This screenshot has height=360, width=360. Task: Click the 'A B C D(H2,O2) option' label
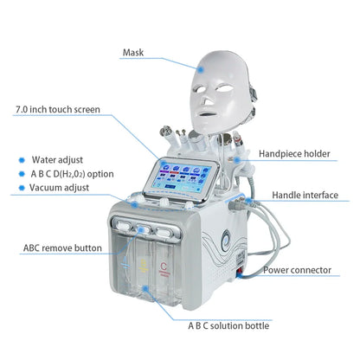pos(72,174)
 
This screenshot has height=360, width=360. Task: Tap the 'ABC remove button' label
pos(63,248)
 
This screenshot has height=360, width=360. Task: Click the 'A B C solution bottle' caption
pos(228,325)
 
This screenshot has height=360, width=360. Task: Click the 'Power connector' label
pos(297,270)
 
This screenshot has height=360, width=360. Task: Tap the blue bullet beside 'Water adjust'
pos(21,160)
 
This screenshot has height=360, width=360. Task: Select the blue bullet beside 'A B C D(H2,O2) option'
pos(21,174)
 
